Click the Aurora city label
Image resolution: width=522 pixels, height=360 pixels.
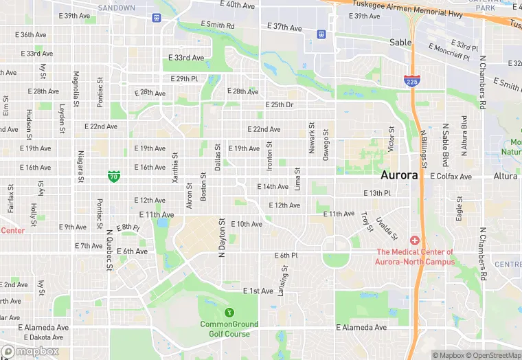[x=399, y=175]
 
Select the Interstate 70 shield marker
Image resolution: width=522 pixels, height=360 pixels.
[x=114, y=177]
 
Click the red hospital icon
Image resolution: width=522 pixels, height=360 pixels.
[x=414, y=240]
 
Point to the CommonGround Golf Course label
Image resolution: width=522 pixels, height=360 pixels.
[x=229, y=328]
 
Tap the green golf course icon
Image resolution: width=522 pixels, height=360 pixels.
[x=229, y=313]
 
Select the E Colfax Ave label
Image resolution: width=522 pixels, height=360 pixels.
[x=451, y=177]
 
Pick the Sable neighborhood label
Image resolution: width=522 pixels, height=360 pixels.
[x=400, y=42]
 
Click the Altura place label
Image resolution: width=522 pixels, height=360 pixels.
[x=507, y=177]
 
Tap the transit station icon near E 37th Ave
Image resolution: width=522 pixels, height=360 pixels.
[x=321, y=34]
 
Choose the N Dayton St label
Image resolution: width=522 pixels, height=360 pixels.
[x=222, y=238]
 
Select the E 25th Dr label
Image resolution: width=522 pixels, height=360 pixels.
[x=280, y=104]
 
